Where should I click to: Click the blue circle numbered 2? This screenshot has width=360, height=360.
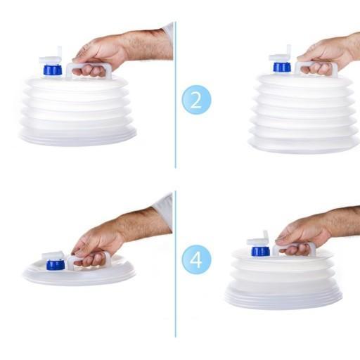tap(196, 100)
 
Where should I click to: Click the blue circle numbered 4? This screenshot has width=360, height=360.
tap(196, 259)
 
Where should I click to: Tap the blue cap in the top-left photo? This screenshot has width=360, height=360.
tap(53, 70)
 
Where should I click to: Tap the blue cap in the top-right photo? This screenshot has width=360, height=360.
tap(282, 67)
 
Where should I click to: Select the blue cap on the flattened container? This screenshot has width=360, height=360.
tap(55, 265)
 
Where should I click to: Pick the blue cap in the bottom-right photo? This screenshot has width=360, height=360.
tap(260, 251)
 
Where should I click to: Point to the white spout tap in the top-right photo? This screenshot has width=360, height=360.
tap(281, 54)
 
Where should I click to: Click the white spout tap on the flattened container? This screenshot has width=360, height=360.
tap(53, 255)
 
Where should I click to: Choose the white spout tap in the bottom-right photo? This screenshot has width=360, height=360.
tap(258, 239)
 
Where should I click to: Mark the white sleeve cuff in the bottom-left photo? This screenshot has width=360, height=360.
tap(163, 210)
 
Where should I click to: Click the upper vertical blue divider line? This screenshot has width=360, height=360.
tap(175, 95)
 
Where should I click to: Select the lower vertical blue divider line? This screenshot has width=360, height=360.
tap(175, 264)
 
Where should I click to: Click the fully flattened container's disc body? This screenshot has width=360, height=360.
tap(79, 272)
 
